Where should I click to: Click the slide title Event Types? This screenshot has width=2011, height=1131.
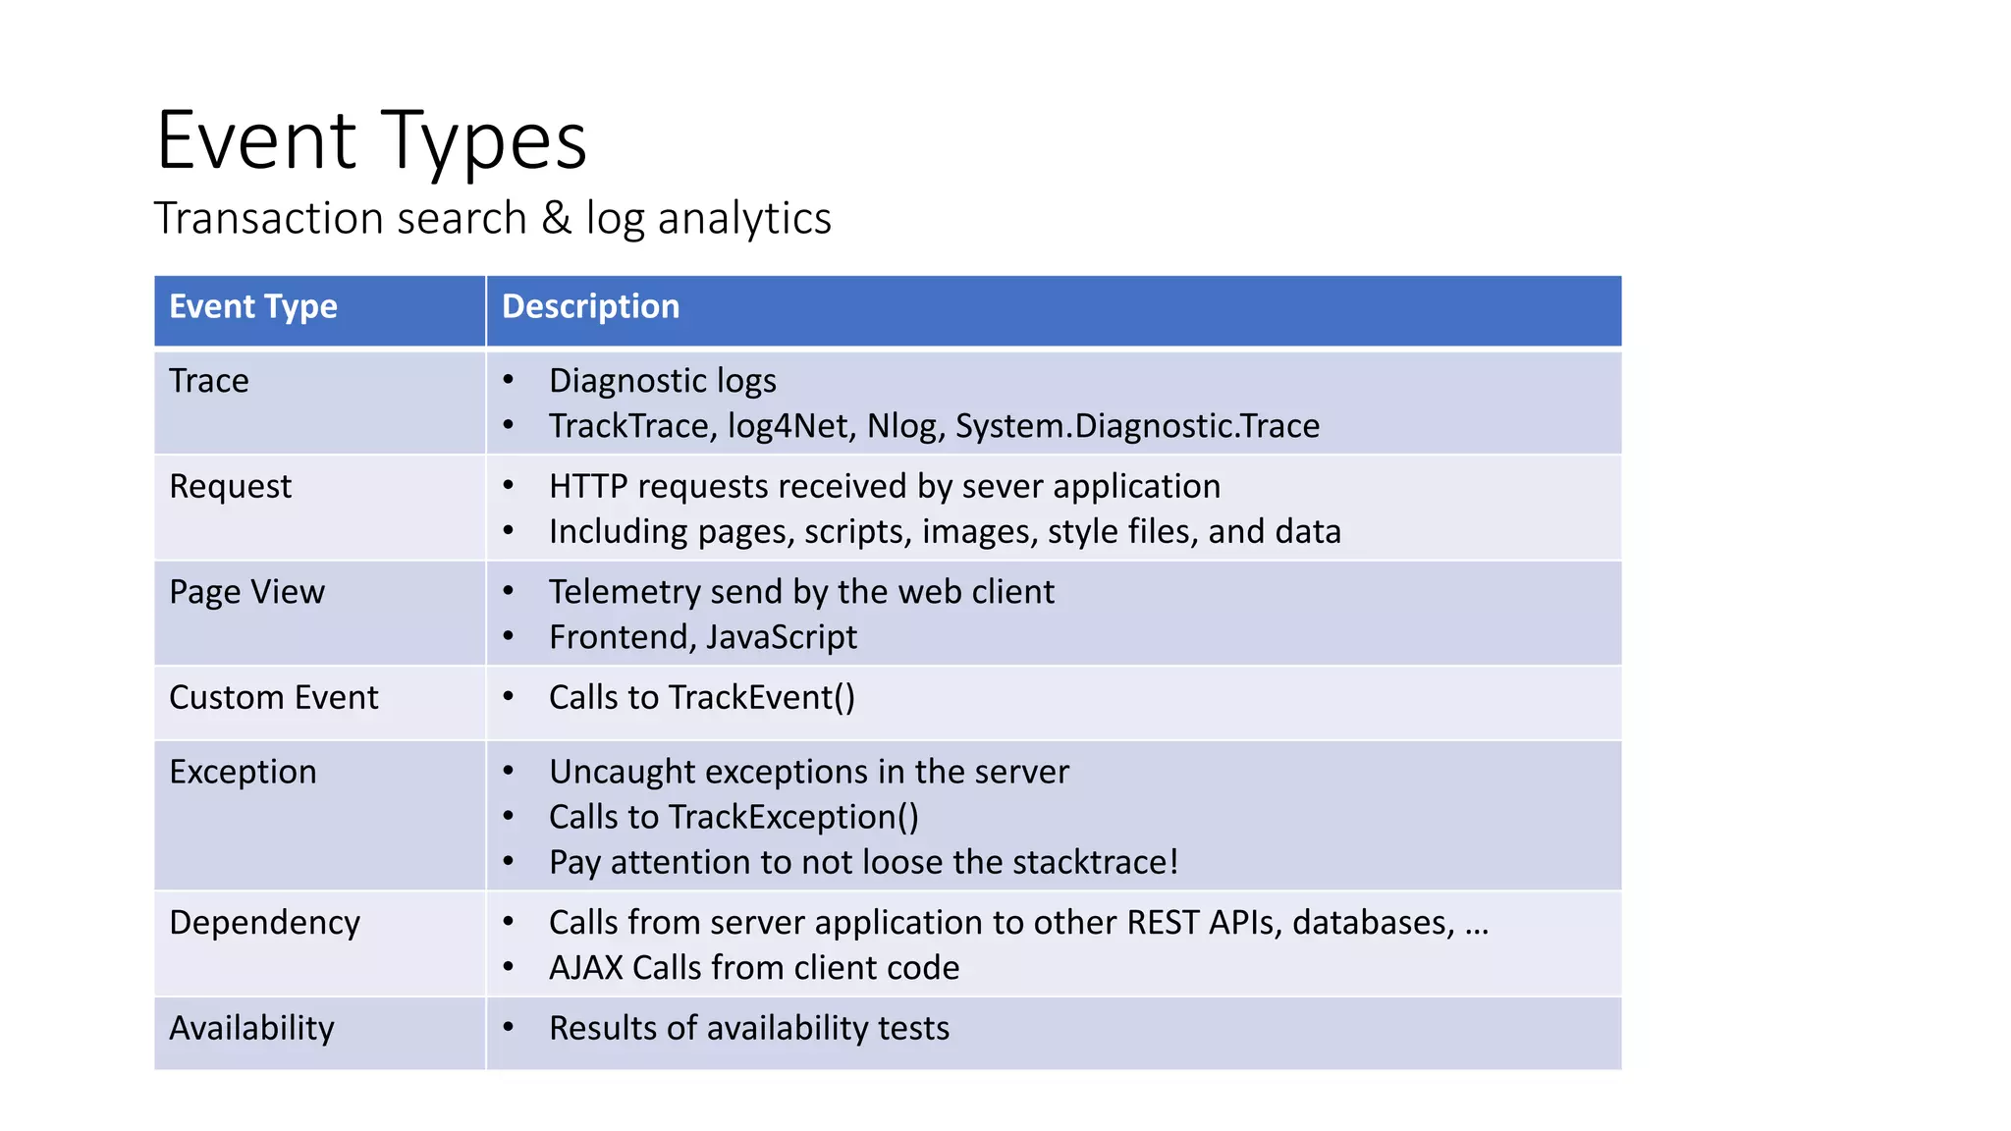click(x=371, y=141)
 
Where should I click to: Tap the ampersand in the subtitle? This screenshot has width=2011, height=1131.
click(x=556, y=218)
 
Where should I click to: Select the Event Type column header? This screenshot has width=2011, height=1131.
click(x=253, y=307)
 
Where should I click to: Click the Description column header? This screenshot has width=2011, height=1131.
click(x=590, y=307)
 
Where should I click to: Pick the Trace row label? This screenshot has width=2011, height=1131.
click(x=209, y=381)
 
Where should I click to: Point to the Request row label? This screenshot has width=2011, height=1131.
click(x=231, y=487)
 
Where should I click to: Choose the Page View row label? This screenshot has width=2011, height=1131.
click(x=246, y=592)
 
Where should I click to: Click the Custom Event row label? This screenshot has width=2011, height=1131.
click(x=274, y=698)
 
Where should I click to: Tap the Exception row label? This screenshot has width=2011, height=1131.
click(x=243, y=773)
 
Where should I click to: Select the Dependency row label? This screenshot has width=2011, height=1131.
click(x=264, y=923)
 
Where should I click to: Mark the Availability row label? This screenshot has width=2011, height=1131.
click(x=251, y=1029)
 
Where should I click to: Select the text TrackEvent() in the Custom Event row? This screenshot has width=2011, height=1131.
click(x=762, y=698)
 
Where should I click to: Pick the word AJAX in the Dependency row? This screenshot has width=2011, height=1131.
click(x=586, y=968)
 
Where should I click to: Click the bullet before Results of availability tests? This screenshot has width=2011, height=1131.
click(x=509, y=1028)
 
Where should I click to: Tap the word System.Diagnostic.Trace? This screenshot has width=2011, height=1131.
click(x=1137, y=426)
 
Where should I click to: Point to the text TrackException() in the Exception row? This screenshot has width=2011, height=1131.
click(x=793, y=818)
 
